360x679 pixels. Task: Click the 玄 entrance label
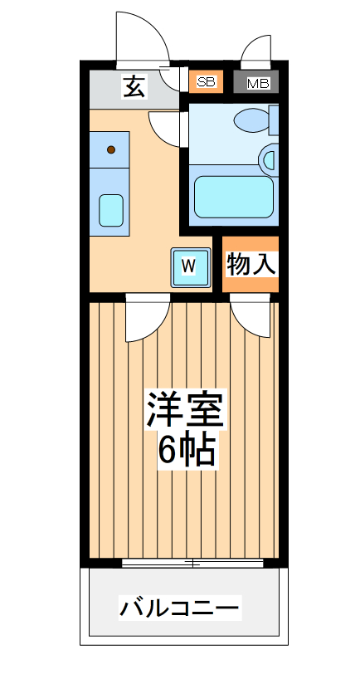[134, 85]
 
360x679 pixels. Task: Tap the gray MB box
[257, 82]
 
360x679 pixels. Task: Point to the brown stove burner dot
[110, 150]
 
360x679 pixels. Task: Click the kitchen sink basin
[110, 209]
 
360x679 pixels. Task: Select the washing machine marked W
[190, 266]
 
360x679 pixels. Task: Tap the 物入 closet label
[251, 265]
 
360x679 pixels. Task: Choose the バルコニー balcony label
[180, 608]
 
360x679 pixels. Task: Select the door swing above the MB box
[256, 51]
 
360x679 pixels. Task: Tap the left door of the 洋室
[148, 320]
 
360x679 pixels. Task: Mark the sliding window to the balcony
[192, 563]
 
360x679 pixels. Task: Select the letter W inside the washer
[189, 266]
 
